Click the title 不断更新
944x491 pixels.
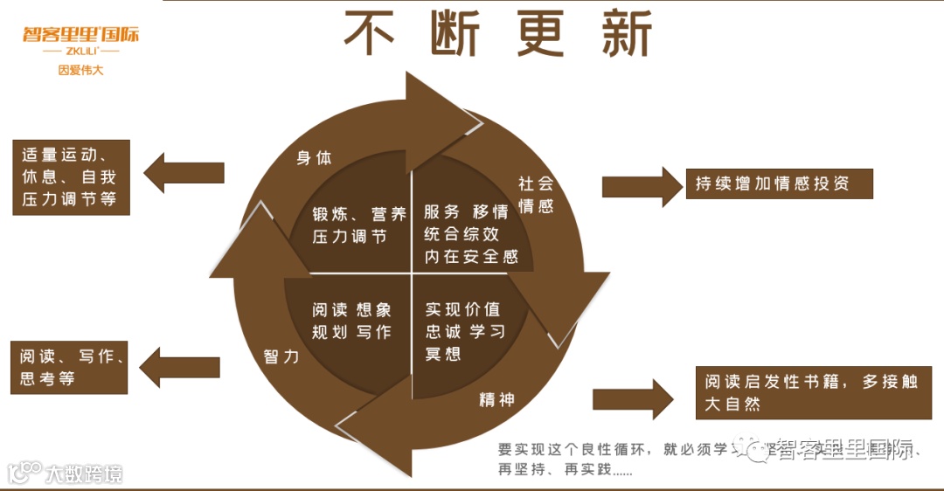pyautogui.click(x=498, y=35)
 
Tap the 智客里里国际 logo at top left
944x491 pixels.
pyautogui.click(x=80, y=36)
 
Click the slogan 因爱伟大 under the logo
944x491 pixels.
pyautogui.click(x=80, y=70)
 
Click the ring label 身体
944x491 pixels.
pyautogui.click(x=314, y=158)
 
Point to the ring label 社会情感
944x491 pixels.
pyautogui.click(x=536, y=195)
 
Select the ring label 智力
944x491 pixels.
pyautogui.click(x=281, y=356)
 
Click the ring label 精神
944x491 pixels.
pyautogui.click(x=496, y=399)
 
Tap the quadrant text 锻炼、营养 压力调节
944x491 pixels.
pyautogui.click(x=359, y=225)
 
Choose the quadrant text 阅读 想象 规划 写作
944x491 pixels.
pyautogui.click(x=351, y=321)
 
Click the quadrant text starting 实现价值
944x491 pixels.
pyautogui.click(x=463, y=331)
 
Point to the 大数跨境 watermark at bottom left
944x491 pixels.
pyautogui.click(x=66, y=473)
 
